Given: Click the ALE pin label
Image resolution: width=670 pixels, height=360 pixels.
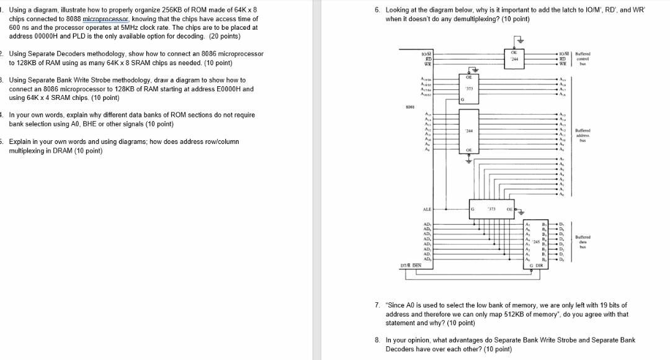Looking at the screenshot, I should tap(427, 210).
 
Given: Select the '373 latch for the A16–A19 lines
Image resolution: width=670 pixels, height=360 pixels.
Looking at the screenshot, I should tap(469, 91).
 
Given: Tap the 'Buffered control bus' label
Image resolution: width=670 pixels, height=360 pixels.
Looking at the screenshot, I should tap(583, 59).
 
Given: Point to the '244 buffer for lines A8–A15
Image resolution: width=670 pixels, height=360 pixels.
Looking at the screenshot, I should tap(469, 132).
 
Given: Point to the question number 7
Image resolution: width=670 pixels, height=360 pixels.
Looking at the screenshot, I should tap(378, 305).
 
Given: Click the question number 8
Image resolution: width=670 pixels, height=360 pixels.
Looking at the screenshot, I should tap(378, 340).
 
